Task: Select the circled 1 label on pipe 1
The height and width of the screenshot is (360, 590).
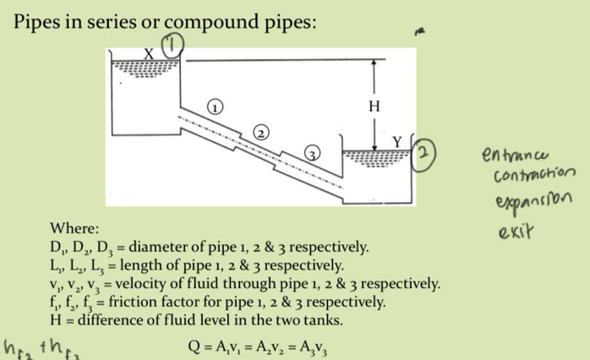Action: [216, 107]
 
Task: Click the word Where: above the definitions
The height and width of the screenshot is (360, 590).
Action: [74, 229]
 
